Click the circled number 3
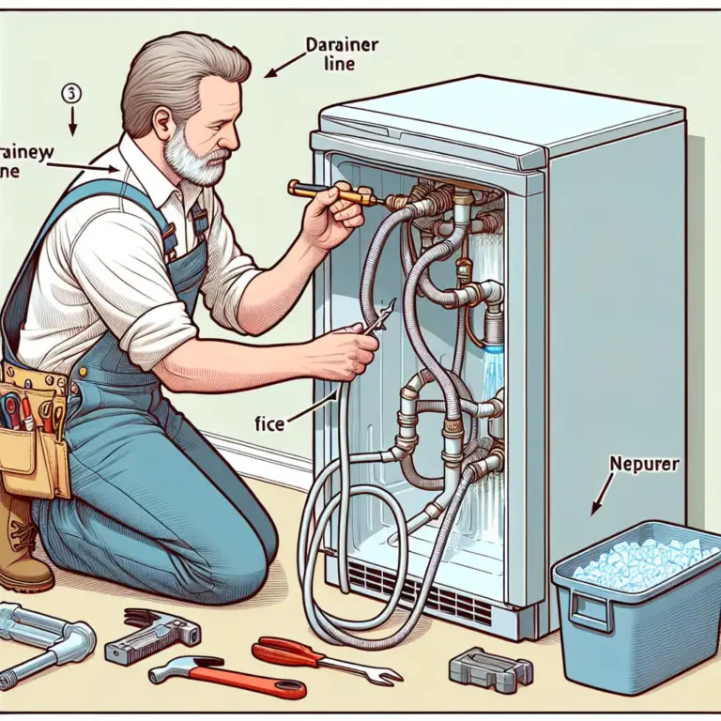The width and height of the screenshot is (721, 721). pyautogui.click(x=72, y=93)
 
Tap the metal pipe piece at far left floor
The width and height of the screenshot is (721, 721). pyautogui.click(x=42, y=642)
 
